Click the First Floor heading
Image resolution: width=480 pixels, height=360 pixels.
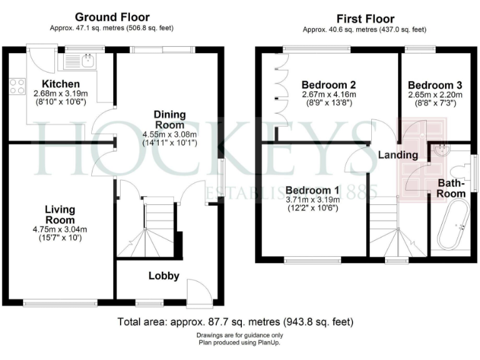[x=365, y=19]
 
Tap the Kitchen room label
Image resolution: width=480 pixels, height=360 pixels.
[x=61, y=84]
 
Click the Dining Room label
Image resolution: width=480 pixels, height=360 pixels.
[x=170, y=119]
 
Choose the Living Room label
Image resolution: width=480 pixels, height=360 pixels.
[x=61, y=214]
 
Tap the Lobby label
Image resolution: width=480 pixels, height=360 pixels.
[x=164, y=276]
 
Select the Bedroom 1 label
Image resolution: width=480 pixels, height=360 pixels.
[x=312, y=190]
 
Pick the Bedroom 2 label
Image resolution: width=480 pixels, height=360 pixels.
[x=329, y=85]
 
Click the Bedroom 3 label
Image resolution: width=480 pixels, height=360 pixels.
[x=434, y=85]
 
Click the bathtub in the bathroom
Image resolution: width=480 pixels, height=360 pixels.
[x=451, y=224]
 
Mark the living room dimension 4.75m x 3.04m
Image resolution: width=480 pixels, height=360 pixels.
[x=61, y=229]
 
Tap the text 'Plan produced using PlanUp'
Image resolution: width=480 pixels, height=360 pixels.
[x=236, y=342]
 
